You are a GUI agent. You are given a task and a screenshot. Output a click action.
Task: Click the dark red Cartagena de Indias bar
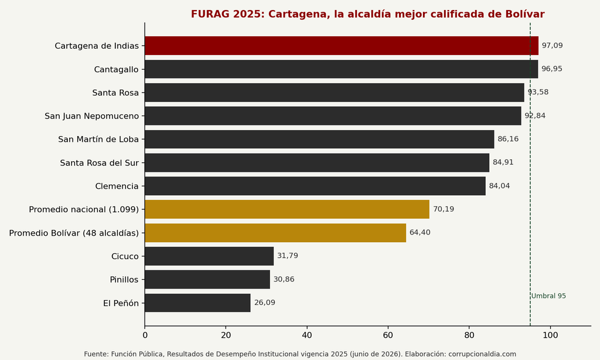[x=342, y=46]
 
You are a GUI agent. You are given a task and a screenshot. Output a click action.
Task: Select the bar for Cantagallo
[x=342, y=69]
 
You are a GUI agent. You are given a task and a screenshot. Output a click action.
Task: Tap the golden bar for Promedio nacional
[x=287, y=209]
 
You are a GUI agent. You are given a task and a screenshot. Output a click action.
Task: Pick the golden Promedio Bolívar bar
[x=275, y=233]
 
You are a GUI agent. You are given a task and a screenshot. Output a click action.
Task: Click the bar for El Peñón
[x=197, y=303]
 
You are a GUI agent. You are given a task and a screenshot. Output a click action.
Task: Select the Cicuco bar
[x=209, y=256]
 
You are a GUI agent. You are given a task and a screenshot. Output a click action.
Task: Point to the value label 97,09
[x=552, y=46]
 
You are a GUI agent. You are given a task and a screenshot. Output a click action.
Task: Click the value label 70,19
[x=444, y=209]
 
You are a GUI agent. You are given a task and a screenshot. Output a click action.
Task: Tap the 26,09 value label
[x=264, y=303]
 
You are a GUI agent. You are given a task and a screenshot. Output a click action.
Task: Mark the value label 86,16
[x=508, y=139]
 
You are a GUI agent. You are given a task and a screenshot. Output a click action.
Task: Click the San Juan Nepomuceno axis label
[x=91, y=116]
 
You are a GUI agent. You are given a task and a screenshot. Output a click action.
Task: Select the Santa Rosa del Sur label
[x=99, y=163]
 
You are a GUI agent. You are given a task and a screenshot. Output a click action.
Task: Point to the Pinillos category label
[x=124, y=280]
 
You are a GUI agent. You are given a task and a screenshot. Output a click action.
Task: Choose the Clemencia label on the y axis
[x=117, y=186]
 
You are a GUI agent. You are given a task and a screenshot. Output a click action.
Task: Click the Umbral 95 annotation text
[x=548, y=296]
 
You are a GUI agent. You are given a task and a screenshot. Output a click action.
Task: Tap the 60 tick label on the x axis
[x=388, y=335]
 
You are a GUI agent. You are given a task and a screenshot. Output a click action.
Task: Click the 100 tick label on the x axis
[x=550, y=335]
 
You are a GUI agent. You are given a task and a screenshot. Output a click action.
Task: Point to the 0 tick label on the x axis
[x=145, y=335]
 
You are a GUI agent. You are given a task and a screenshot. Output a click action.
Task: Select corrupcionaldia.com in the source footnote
[x=482, y=354]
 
